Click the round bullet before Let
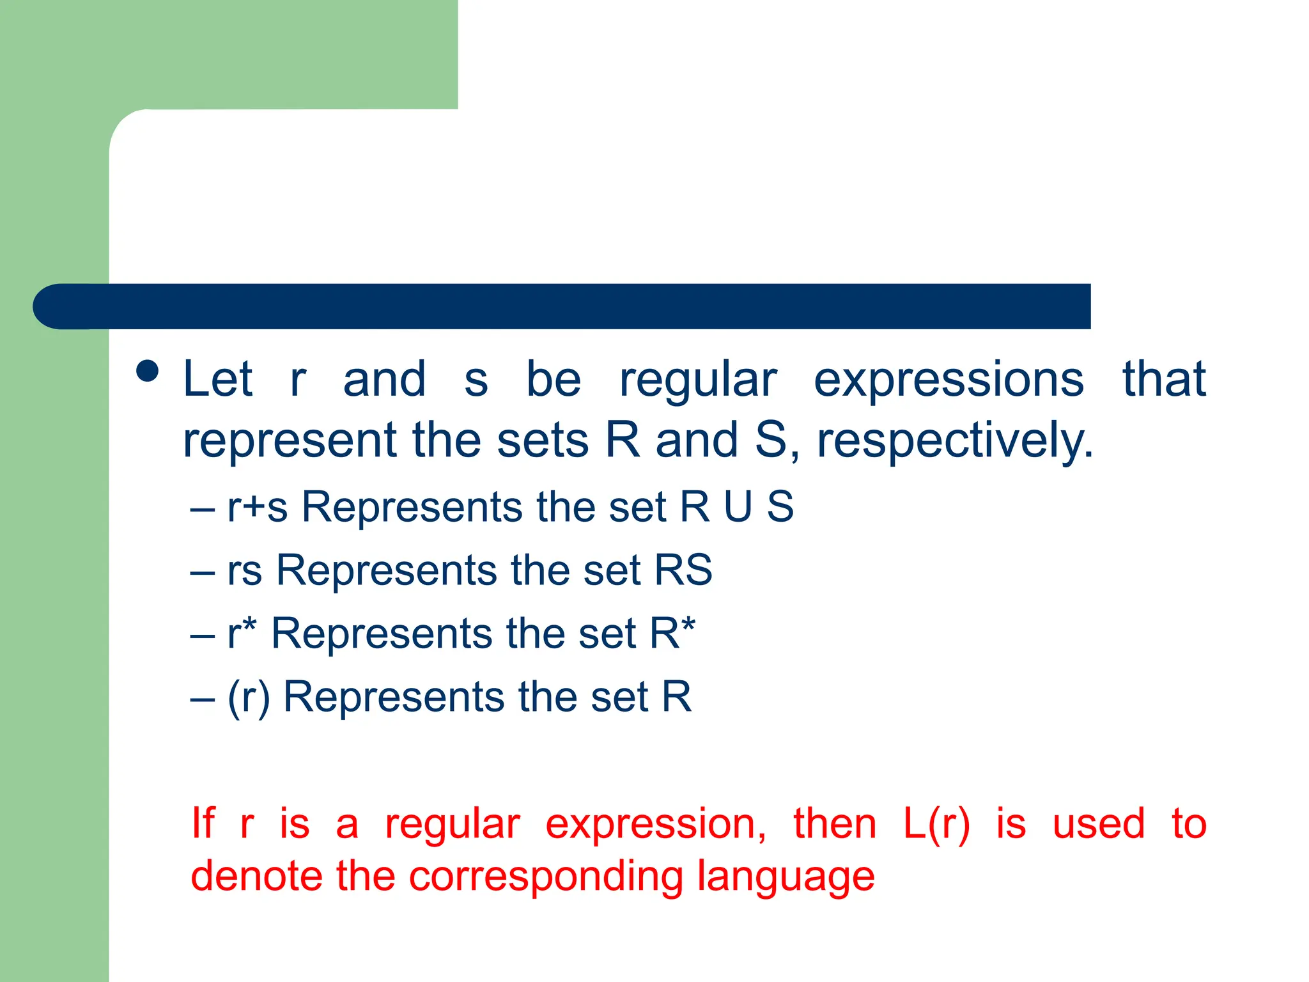tap(148, 371)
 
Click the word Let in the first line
tap(218, 379)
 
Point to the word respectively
tap(955, 441)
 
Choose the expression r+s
tap(258, 507)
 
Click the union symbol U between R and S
tap(738, 507)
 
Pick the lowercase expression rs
tap(245, 570)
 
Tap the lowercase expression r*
tap(242, 633)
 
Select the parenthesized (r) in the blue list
tap(249, 696)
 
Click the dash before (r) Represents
tap(202, 698)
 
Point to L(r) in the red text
tap(936, 823)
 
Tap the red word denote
tap(256, 875)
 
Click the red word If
tap(203, 823)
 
